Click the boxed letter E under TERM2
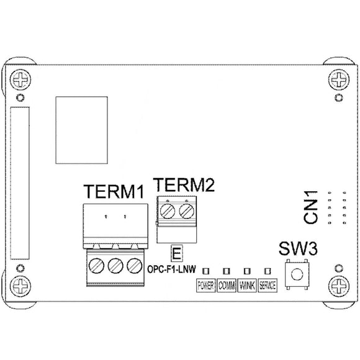[177, 253]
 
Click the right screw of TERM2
[184, 212]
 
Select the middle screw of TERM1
[114, 267]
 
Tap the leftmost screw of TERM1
[97, 267]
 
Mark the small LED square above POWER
[206, 271]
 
